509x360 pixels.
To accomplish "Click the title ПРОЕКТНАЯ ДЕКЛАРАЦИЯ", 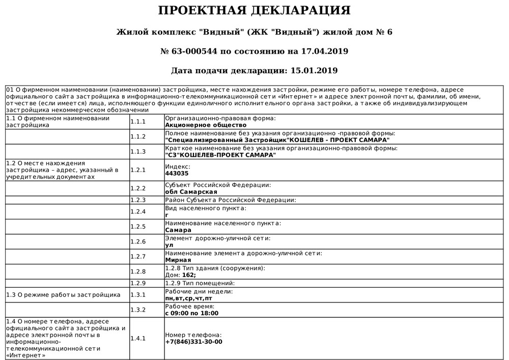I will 254,11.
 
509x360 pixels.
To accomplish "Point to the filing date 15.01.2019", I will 312,70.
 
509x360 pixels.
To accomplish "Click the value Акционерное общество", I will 206,125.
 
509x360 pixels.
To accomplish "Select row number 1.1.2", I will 138,136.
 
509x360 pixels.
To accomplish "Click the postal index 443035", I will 177,173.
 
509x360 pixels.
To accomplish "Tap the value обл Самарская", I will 191,192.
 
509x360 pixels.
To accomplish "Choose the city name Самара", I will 178,230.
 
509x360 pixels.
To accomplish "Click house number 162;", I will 189,275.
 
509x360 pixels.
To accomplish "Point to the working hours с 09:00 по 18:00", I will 192,313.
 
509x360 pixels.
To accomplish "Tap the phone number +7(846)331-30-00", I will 194,342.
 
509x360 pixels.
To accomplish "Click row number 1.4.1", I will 138,338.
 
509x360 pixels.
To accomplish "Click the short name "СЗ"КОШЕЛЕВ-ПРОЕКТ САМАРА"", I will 220,155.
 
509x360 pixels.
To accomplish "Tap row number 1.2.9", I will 138,283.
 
